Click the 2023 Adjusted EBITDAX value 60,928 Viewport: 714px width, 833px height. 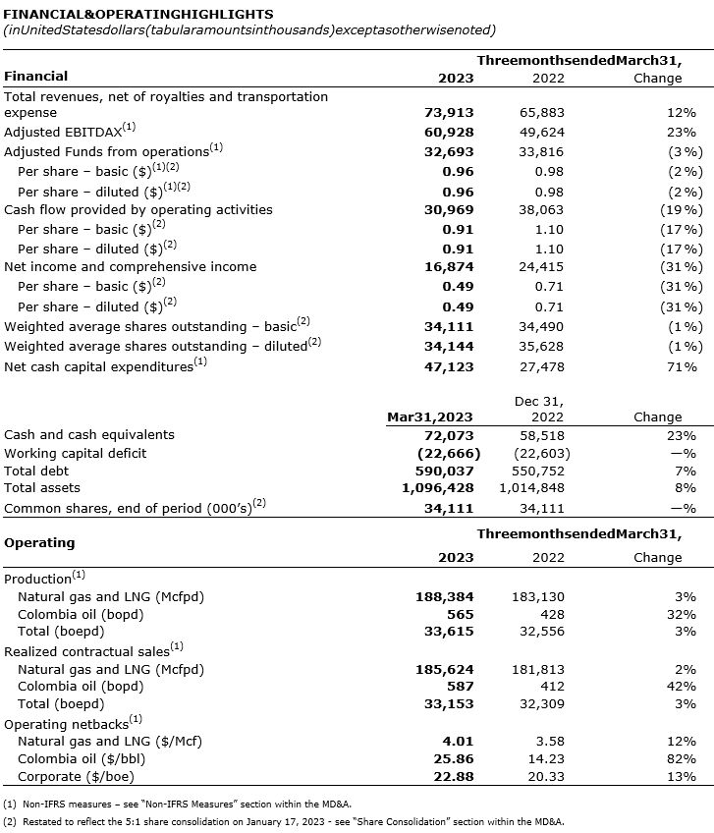pyautogui.click(x=448, y=132)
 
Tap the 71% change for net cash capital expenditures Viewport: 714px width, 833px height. pyautogui.click(x=682, y=366)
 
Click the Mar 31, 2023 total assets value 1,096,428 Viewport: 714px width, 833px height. pyautogui.click(x=439, y=488)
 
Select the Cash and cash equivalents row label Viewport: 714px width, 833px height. pyautogui.click(x=89, y=434)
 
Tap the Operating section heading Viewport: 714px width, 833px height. pyautogui.click(x=39, y=542)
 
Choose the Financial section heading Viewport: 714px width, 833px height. pyautogui.click(x=36, y=76)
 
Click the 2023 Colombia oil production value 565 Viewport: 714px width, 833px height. pyautogui.click(x=461, y=614)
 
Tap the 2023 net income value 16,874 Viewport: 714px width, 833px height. pyautogui.click(x=448, y=266)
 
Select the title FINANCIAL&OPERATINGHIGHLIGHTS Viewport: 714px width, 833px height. pyautogui.click(x=139, y=15)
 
